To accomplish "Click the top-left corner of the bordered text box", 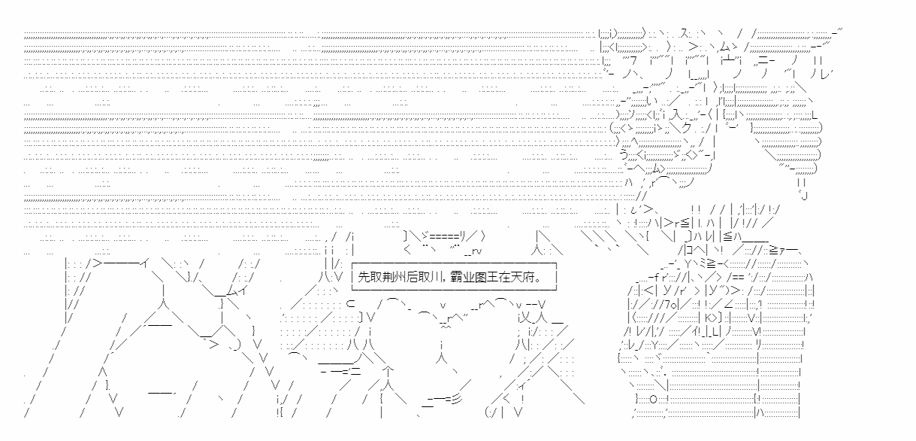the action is click(x=352, y=264).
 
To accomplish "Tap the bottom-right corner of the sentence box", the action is click(x=556, y=290).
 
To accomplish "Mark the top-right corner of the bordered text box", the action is click(x=556, y=264).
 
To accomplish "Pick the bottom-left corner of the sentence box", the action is click(x=352, y=290).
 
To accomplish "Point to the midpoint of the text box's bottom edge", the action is click(x=454, y=290).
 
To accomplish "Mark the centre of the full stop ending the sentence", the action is click(x=538, y=280).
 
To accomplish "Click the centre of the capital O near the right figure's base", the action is click(x=653, y=399).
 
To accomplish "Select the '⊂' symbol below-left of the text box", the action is click(x=350, y=304).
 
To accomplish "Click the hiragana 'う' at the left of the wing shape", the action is click(x=624, y=154).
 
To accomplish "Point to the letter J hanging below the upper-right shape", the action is click(x=804, y=195).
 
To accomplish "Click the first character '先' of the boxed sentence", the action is click(x=364, y=277).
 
